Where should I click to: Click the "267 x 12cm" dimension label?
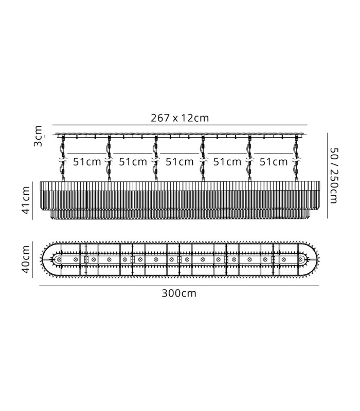179,118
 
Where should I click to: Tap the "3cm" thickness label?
38,136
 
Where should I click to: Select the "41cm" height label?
26,200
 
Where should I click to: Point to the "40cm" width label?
26,259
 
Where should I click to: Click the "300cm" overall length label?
179,293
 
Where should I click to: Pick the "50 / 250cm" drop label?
334,176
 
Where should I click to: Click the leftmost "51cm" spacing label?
87,162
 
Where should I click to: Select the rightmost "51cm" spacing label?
274,162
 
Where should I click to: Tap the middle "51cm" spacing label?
179,162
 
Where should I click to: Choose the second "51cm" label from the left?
133,162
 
